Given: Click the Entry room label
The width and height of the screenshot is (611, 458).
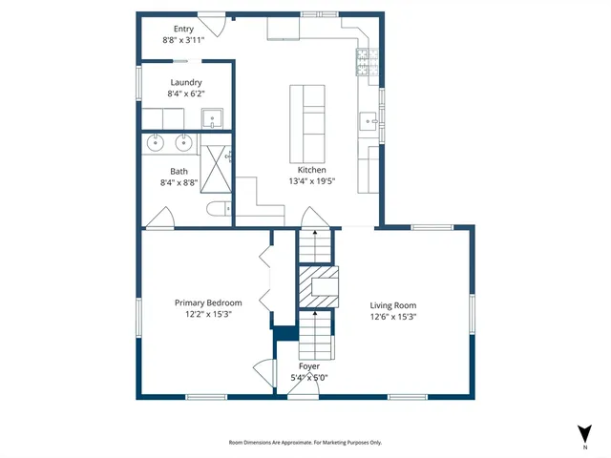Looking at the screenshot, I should [183, 30].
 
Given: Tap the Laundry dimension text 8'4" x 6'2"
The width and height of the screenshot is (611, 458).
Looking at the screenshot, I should [185, 94].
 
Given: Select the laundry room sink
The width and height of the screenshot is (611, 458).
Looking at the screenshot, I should [213, 119].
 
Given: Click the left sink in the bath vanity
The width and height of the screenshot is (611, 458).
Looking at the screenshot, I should [157, 143].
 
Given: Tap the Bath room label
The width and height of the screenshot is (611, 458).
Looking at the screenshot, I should [179, 171].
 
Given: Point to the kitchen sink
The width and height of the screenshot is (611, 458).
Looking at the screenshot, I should [368, 120].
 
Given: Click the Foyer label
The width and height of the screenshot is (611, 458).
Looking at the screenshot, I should [308, 366].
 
